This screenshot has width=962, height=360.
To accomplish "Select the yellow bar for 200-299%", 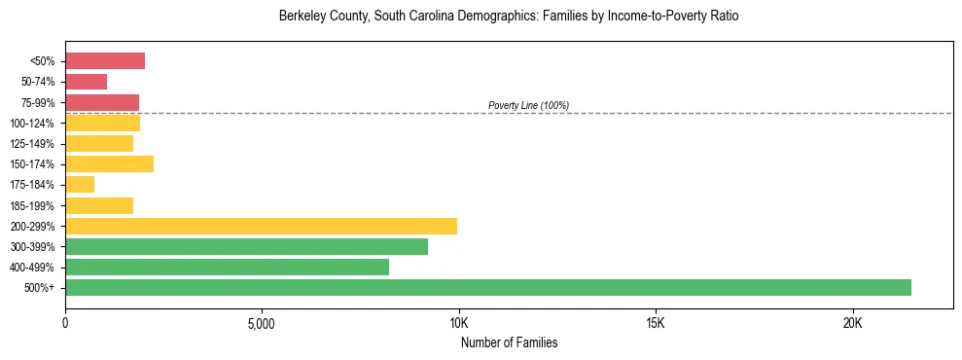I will point(261,226).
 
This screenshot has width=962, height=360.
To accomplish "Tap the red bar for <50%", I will point(105,61).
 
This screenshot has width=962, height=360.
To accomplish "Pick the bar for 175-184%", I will point(80,185).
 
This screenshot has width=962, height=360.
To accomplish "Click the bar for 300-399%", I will point(246,246).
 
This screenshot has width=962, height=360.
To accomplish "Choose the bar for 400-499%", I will point(227,267).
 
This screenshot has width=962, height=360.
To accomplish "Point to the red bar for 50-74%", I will point(86,82).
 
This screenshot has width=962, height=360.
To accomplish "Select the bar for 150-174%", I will point(109,164).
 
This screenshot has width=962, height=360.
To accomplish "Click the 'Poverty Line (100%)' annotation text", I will point(528,105).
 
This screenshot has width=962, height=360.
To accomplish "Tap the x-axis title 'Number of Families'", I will point(509,343).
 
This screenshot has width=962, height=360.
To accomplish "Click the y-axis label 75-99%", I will point(38,103).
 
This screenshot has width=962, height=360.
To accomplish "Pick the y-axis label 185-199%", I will point(35,206).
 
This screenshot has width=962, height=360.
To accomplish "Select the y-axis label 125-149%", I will point(35,144).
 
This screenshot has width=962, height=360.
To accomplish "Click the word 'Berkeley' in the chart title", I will point(302,17).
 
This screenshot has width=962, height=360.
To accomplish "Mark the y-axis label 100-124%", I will point(35,124).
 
